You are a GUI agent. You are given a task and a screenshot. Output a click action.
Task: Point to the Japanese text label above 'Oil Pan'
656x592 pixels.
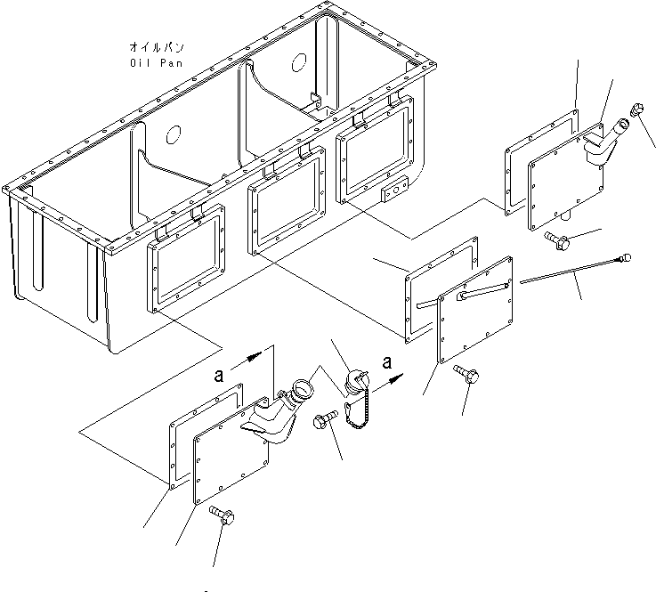click(157, 46)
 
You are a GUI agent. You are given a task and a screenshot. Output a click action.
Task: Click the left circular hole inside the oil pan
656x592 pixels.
click(174, 134)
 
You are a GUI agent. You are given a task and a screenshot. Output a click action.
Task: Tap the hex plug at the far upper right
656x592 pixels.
click(637, 111)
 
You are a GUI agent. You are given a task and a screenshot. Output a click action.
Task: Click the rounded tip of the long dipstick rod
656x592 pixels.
click(626, 258)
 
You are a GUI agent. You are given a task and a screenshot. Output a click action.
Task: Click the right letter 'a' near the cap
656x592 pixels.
click(385, 362)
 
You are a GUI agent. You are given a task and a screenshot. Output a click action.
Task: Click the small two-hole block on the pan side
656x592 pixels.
click(393, 192)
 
